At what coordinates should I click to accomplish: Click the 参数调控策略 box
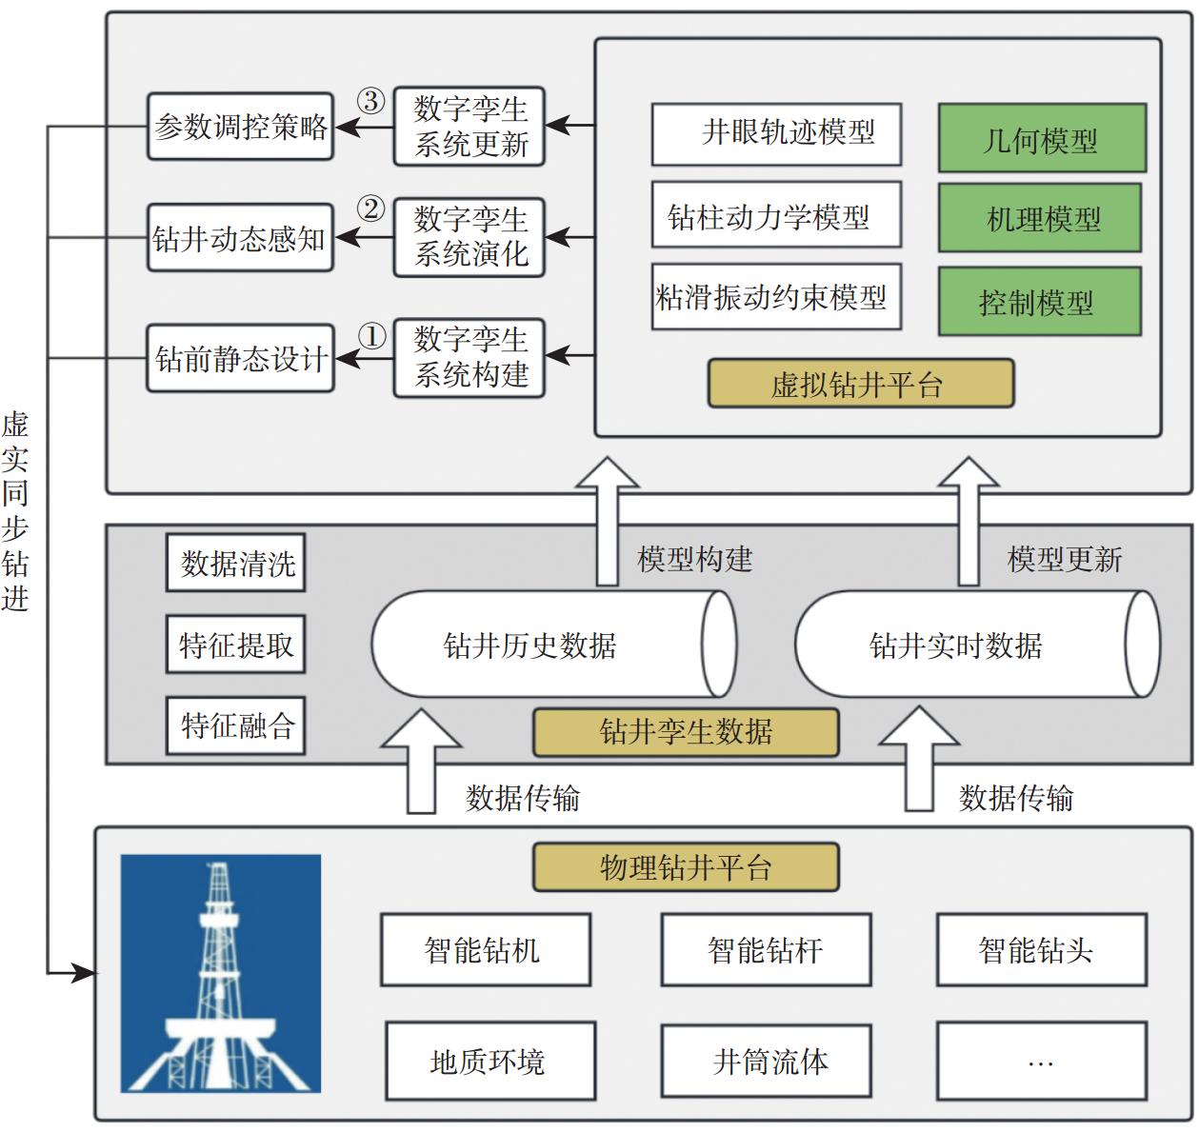[x=240, y=127]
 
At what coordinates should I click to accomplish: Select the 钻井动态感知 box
[x=240, y=238]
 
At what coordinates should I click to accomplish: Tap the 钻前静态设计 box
[x=240, y=358]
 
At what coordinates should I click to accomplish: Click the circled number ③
[x=370, y=101]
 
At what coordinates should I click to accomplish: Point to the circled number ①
[x=372, y=336]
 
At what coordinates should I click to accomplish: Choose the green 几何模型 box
[x=1041, y=139]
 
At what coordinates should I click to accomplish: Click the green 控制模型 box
[x=1039, y=302]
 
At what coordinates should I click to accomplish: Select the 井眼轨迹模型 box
[x=776, y=133]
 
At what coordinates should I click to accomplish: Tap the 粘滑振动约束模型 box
[x=776, y=297]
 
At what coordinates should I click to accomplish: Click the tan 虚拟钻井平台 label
[x=860, y=384]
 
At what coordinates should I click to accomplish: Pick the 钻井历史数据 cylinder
[x=552, y=645]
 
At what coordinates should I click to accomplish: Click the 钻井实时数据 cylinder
[x=976, y=645]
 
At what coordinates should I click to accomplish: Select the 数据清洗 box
[x=235, y=564]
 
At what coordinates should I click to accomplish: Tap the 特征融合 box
[x=235, y=726]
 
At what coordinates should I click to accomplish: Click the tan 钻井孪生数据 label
[x=686, y=731]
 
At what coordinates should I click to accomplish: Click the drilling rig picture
[x=221, y=973]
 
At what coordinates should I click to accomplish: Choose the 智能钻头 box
[x=1041, y=949]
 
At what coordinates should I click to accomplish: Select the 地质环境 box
[x=490, y=1060]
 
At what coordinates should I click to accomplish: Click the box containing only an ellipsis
[x=1041, y=1060]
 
